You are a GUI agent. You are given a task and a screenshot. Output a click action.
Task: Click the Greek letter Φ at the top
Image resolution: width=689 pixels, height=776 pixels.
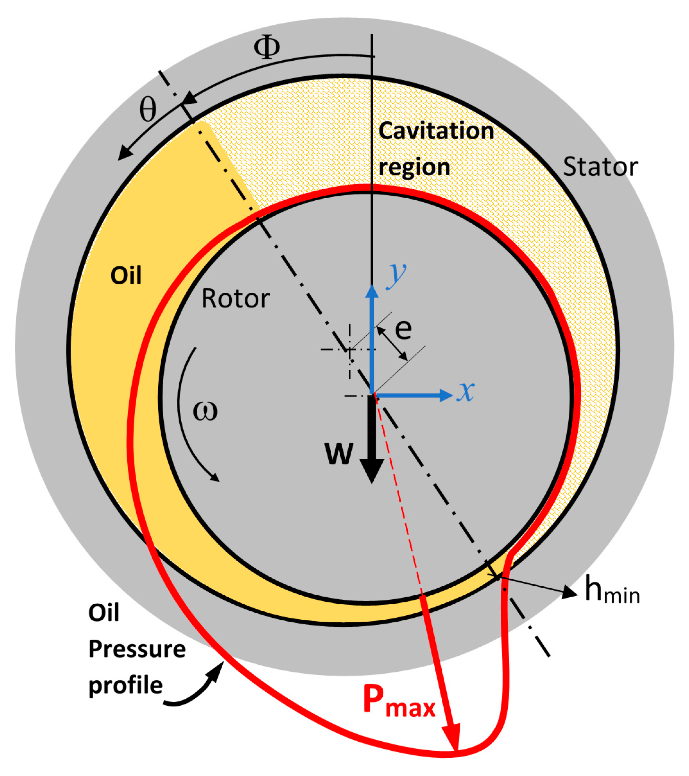(267, 48)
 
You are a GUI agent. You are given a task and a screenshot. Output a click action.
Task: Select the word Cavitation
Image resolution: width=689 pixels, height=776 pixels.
(436, 131)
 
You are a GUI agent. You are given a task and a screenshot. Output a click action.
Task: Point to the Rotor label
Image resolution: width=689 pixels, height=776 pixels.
(235, 298)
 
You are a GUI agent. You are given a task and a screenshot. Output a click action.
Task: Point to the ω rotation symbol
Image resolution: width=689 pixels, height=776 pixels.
(205, 411)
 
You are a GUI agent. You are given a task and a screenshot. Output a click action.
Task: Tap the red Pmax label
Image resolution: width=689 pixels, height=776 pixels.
(399, 702)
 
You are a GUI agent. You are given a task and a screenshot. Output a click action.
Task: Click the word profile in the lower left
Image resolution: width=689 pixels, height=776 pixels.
(126, 685)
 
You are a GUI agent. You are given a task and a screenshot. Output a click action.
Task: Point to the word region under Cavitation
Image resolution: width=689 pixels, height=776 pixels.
(414, 167)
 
